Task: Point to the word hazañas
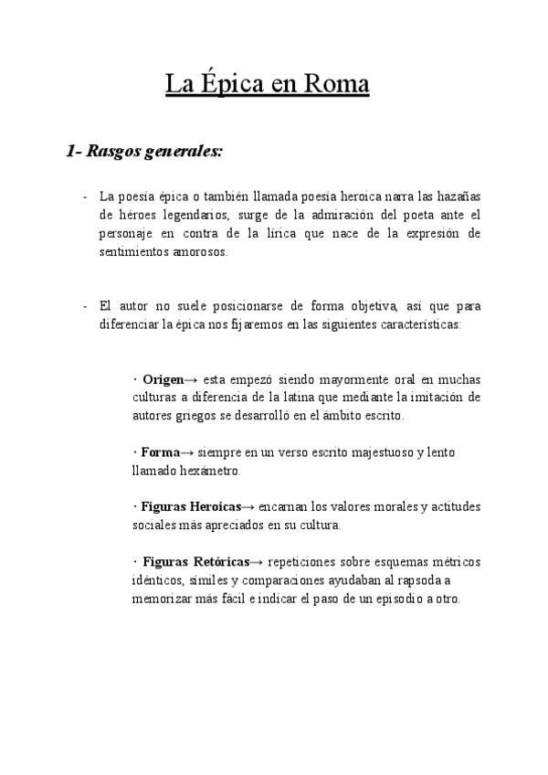[x=458, y=196]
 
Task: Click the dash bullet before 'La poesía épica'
[x=84, y=196]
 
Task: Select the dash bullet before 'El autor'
[x=84, y=305]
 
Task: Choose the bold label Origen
[x=163, y=379]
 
